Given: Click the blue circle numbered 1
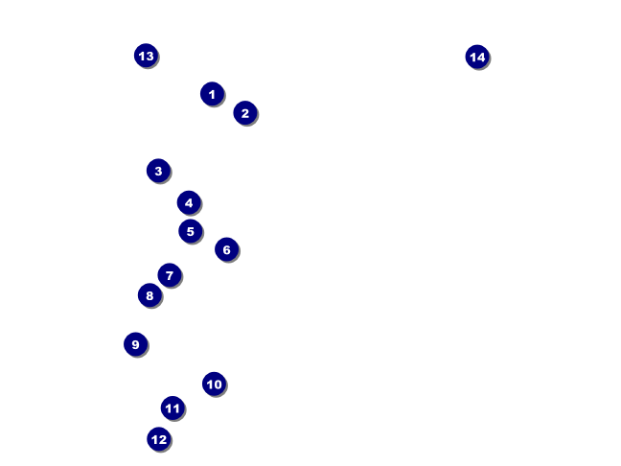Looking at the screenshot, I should coord(212,94).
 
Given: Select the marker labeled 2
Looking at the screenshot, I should coord(244,113).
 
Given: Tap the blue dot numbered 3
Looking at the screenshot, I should coord(158,171).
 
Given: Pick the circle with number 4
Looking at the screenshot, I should coord(189,202).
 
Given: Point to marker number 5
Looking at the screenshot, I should coord(190,231).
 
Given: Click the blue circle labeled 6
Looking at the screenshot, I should coord(226,250).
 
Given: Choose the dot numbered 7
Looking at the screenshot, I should coord(170,276).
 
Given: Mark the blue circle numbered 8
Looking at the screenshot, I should coord(149,295).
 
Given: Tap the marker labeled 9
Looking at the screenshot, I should coord(135,344).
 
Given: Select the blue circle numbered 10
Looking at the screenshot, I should coord(214,384).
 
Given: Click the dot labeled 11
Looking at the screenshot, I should coord(172,408).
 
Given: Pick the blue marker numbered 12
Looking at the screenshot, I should coord(159,439).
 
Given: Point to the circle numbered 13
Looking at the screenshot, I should coord(146,56).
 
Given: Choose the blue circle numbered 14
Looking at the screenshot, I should coord(477,57).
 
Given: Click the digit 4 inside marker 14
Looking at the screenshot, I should coord(481,57).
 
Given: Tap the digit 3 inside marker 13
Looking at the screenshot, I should coord(149,56).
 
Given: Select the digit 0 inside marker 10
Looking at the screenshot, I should coord(218,384).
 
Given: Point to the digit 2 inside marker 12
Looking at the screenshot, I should coord(163,439).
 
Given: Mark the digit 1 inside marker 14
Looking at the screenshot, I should coord(472,57).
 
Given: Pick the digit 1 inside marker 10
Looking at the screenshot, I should coord(209,384).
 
